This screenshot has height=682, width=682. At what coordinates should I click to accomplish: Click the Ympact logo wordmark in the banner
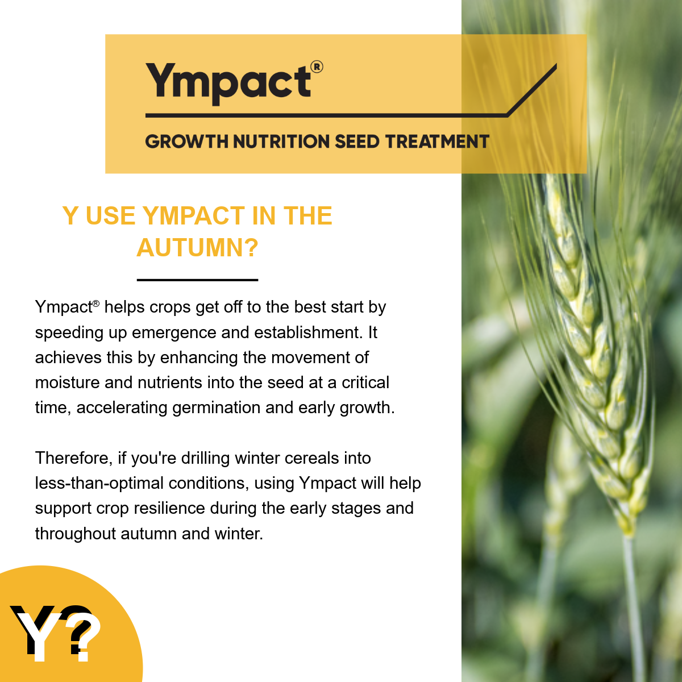pos(228,84)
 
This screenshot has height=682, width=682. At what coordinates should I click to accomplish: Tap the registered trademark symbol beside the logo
pos(317,67)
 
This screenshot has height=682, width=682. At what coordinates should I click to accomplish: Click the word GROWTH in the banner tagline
pos(187,142)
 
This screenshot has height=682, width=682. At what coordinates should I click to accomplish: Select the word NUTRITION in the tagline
pos(281,142)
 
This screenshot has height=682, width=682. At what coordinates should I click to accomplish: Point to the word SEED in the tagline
pos(357,142)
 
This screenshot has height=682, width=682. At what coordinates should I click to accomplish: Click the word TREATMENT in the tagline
pos(438,142)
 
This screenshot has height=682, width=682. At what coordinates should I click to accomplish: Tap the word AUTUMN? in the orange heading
pos(197,248)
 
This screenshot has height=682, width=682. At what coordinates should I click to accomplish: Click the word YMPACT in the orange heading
pos(194,215)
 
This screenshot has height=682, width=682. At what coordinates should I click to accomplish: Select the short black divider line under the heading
pos(197,280)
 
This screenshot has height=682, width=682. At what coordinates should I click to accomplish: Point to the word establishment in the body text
pos(308,332)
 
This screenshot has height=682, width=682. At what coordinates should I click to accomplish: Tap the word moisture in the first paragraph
pos(67,382)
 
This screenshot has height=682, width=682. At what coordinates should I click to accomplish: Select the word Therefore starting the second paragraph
pos(74,459)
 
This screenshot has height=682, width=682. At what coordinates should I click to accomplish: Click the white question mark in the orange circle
pos(84,638)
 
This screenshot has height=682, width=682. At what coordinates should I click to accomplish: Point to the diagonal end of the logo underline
pos(556,64)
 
